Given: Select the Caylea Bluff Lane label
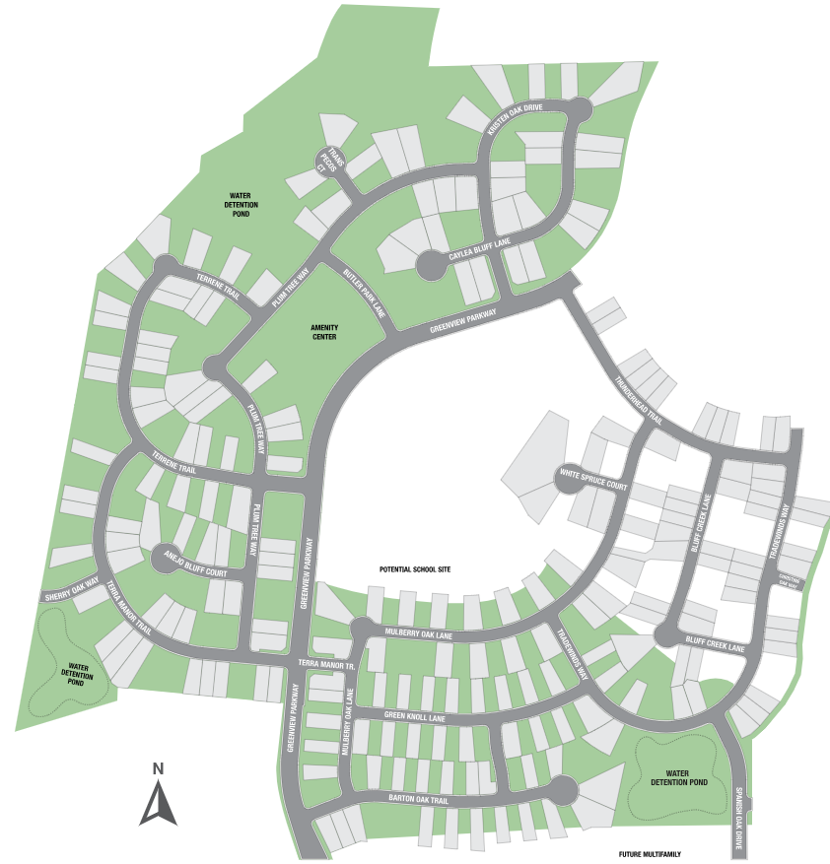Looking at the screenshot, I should coord(480,248).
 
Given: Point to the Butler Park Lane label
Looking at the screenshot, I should coord(364,296).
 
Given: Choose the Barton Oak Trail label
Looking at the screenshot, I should coord(418,800).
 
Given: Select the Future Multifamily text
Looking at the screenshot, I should coord(651,854).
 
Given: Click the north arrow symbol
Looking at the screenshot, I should coord(158,802).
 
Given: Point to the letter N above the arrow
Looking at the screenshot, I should coord(158,767).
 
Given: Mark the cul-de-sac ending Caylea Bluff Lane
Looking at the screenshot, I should coord(429,264).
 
